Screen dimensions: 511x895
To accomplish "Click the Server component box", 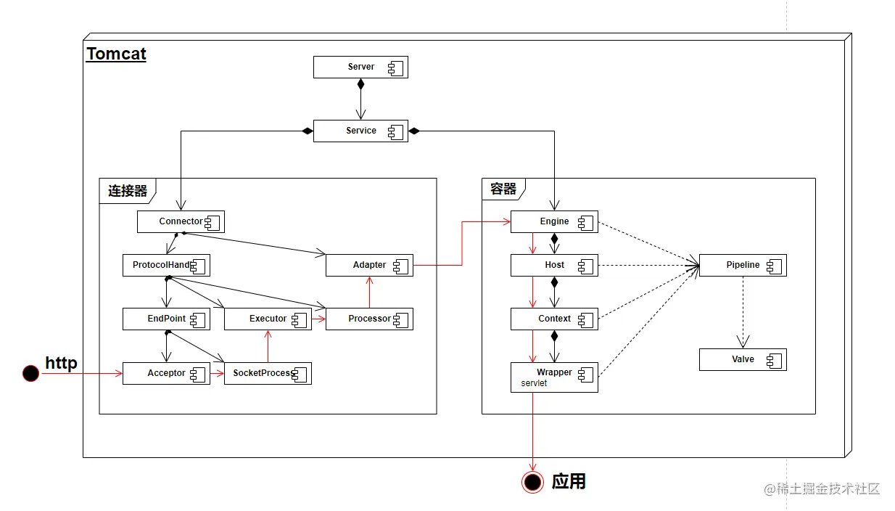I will click(360, 68).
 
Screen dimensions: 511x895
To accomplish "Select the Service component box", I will click(360, 131).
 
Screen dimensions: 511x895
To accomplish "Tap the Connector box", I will click(181, 221).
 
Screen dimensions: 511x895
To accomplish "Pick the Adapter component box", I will click(369, 265).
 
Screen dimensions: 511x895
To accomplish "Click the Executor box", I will click(268, 319).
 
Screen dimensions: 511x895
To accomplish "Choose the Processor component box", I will click(369, 319).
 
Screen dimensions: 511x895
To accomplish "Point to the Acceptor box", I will click(166, 373).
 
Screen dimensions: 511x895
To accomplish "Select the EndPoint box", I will click(166, 319).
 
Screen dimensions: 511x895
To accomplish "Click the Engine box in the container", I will click(554, 221).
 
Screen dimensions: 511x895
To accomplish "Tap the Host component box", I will click(554, 265).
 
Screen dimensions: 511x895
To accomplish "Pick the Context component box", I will click(554, 319).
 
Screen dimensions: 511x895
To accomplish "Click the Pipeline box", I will click(743, 265).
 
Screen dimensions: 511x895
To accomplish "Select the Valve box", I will click(743, 359).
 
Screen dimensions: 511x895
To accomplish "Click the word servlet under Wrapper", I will click(534, 383).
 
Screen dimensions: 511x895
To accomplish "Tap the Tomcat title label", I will click(116, 54).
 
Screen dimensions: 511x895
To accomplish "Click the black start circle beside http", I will click(30, 373).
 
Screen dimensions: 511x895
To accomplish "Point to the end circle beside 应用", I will click(533, 482).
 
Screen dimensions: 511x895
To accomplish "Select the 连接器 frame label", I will click(128, 191).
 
